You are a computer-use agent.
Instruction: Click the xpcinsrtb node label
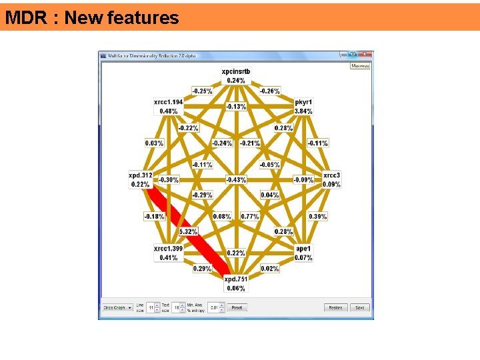236,71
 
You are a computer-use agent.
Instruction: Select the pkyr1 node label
303,103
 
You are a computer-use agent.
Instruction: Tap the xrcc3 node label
331,175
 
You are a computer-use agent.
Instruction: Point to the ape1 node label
303,249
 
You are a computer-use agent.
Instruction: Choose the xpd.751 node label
236,279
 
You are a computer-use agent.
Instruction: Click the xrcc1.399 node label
168,249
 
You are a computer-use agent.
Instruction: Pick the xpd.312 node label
141,175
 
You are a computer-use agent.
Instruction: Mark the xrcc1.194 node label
168,103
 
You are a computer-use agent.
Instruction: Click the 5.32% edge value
188,231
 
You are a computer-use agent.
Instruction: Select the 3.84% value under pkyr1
303,111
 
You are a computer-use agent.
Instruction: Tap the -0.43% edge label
236,180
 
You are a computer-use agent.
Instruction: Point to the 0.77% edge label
250,217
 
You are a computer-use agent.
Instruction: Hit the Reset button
236,307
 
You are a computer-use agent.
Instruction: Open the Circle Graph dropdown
117,307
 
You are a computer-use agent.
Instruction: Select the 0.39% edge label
318,217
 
